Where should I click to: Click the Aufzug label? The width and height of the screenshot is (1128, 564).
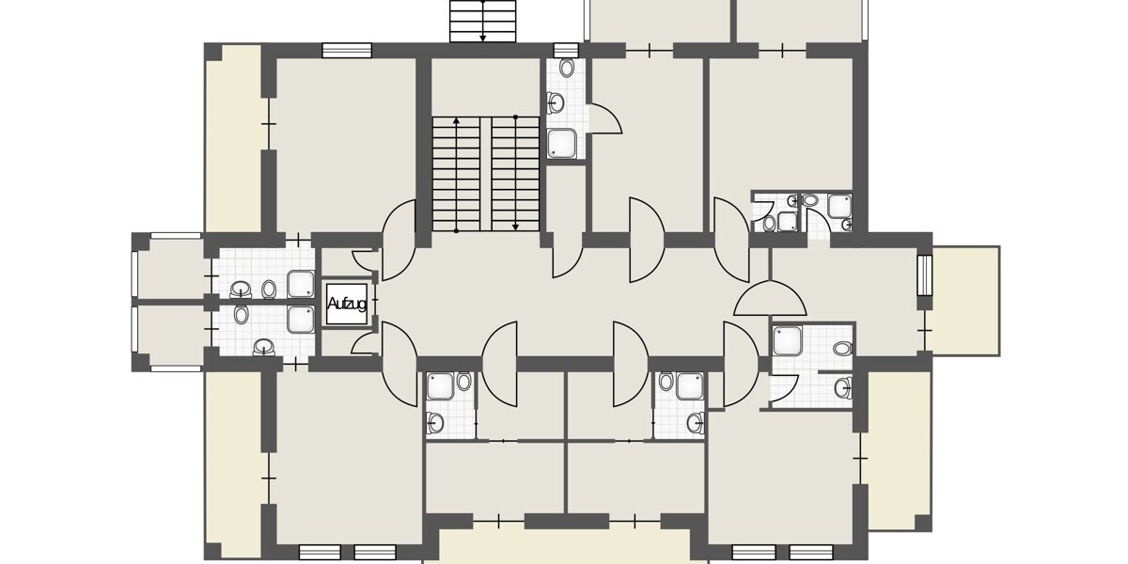345,304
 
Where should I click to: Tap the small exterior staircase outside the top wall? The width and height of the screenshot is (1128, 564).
483,21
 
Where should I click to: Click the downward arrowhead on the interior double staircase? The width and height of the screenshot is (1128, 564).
515,225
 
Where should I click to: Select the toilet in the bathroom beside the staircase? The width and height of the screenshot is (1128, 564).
567,68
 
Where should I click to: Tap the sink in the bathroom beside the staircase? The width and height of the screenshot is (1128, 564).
556,102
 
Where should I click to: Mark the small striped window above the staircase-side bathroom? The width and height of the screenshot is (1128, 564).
566,50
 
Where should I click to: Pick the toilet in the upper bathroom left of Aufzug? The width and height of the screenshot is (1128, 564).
269,288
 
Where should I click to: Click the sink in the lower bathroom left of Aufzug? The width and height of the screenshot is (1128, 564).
263,349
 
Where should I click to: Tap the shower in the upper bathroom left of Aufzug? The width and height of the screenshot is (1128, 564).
302,283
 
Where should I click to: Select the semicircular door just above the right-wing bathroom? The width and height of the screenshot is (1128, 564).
770,300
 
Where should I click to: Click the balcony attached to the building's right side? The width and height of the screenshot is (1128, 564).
966,300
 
